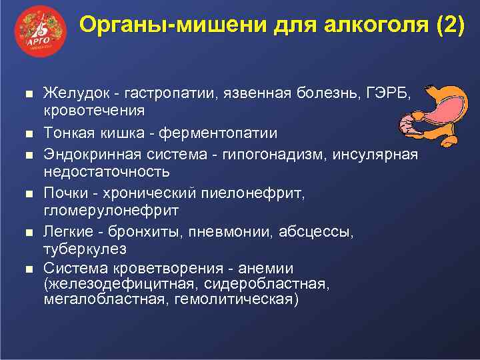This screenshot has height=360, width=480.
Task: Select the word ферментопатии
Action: coord(220,133)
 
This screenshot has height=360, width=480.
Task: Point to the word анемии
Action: coord(269,269)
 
